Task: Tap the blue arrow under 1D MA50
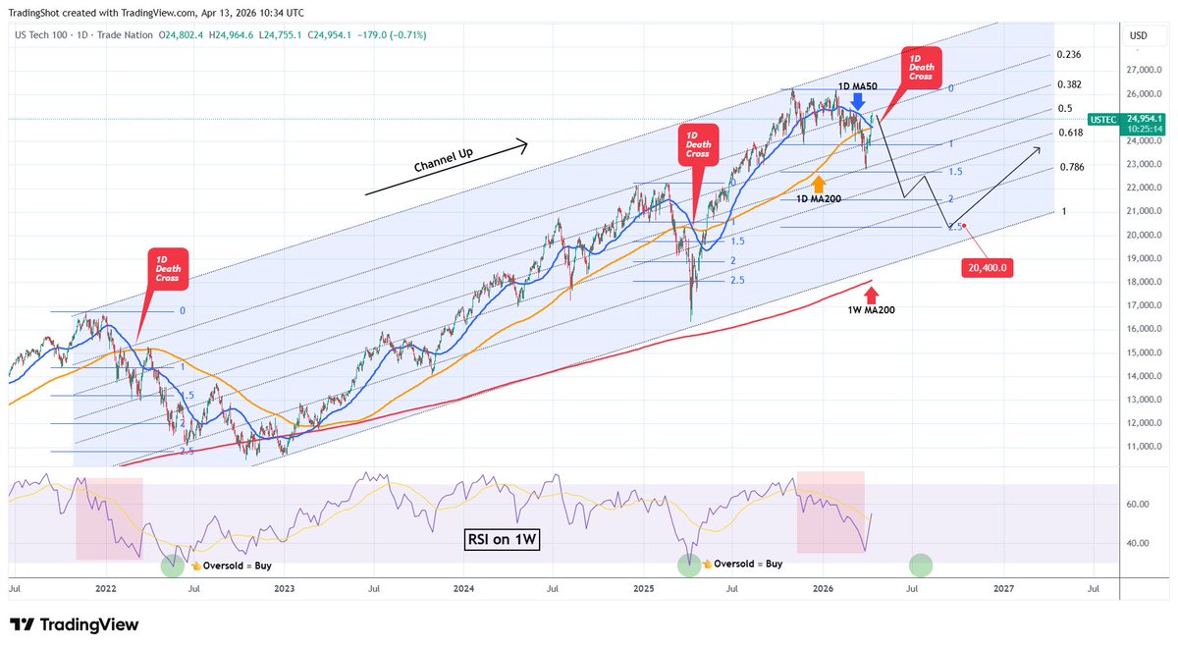pos(858,101)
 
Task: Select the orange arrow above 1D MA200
pos(819,182)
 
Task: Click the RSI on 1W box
pos(503,539)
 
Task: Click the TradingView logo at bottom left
pos(74,625)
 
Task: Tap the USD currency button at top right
pos(1139,35)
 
